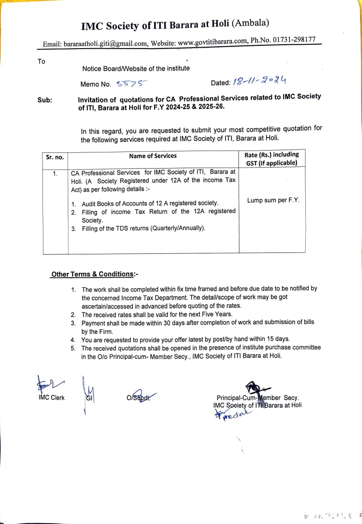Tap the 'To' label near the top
point(41,61)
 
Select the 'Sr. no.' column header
point(55,157)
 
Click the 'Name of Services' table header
point(153,156)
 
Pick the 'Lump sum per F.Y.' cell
point(273,200)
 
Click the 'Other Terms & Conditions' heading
point(93,274)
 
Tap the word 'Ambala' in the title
point(251,23)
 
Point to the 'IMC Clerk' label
point(52,397)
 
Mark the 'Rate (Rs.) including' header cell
point(272,154)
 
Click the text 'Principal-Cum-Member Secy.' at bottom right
point(258,398)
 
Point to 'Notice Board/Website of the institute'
point(136,69)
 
